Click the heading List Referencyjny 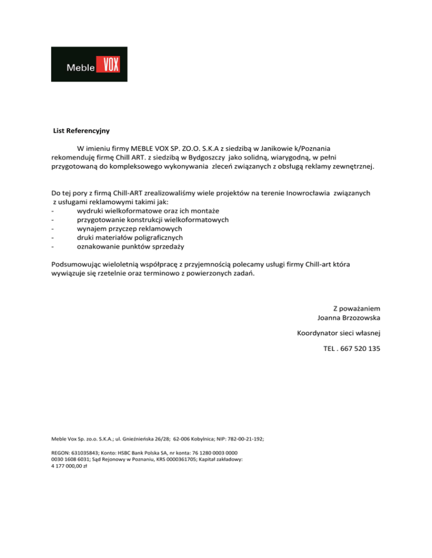click(81, 131)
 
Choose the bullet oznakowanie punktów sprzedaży click(122, 246)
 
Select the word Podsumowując click(76, 263)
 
